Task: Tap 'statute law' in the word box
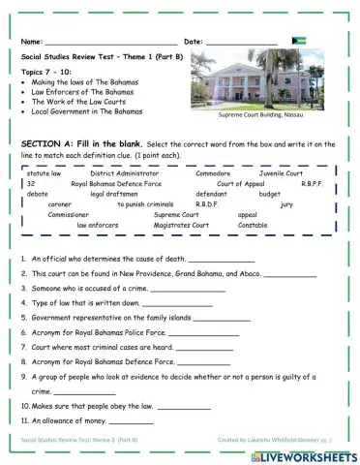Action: pos(45,174)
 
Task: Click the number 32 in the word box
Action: pos(32,184)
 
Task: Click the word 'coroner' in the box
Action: pos(60,205)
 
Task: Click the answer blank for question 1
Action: pos(222,260)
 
